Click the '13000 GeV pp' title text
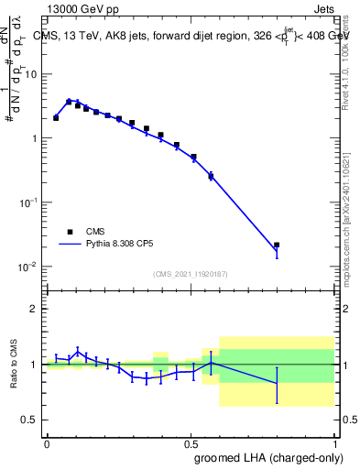click(82, 9)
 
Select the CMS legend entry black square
click(70, 232)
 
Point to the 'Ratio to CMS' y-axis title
click(15, 365)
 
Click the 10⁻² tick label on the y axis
click(28, 267)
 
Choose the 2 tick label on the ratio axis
click(35, 309)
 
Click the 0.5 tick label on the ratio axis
click(30, 420)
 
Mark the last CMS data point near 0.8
click(277, 245)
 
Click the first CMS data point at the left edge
click(56, 117)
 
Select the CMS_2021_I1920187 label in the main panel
click(191, 274)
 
